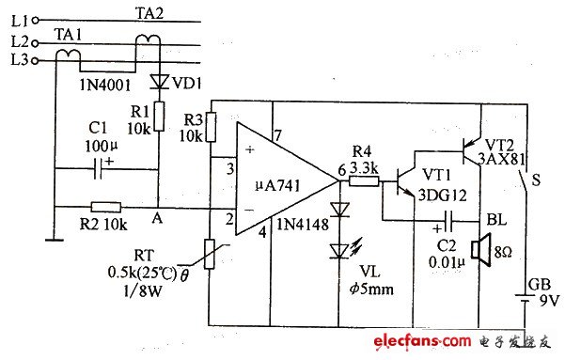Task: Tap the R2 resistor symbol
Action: pyautogui.click(x=105, y=207)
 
